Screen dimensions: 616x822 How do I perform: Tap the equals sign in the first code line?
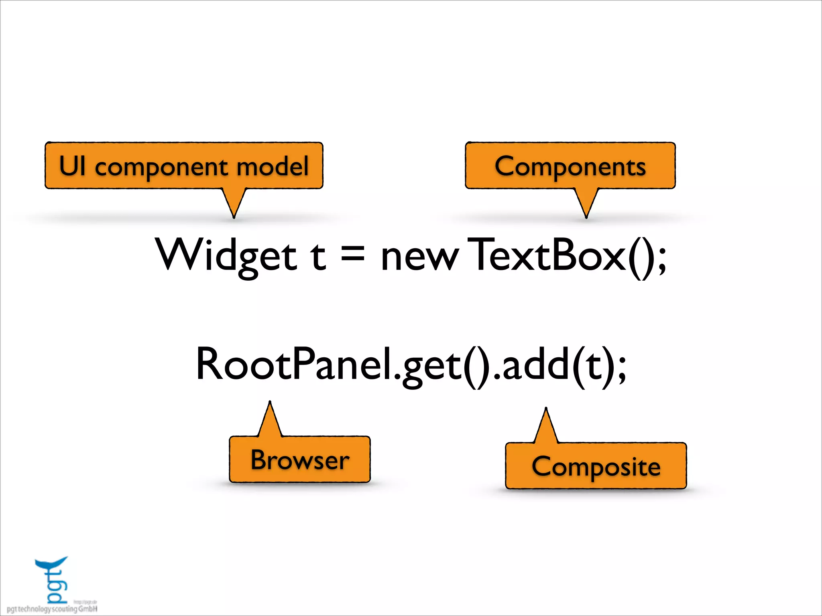pos(353,255)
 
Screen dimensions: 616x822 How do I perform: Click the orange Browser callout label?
pos(299,460)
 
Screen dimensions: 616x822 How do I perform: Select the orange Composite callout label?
pos(596,466)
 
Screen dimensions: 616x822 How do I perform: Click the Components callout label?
pos(570,166)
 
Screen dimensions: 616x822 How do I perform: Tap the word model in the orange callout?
pos(273,166)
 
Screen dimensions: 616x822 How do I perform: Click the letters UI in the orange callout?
pos(72,166)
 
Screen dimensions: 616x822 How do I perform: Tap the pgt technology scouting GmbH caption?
pos(52,609)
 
